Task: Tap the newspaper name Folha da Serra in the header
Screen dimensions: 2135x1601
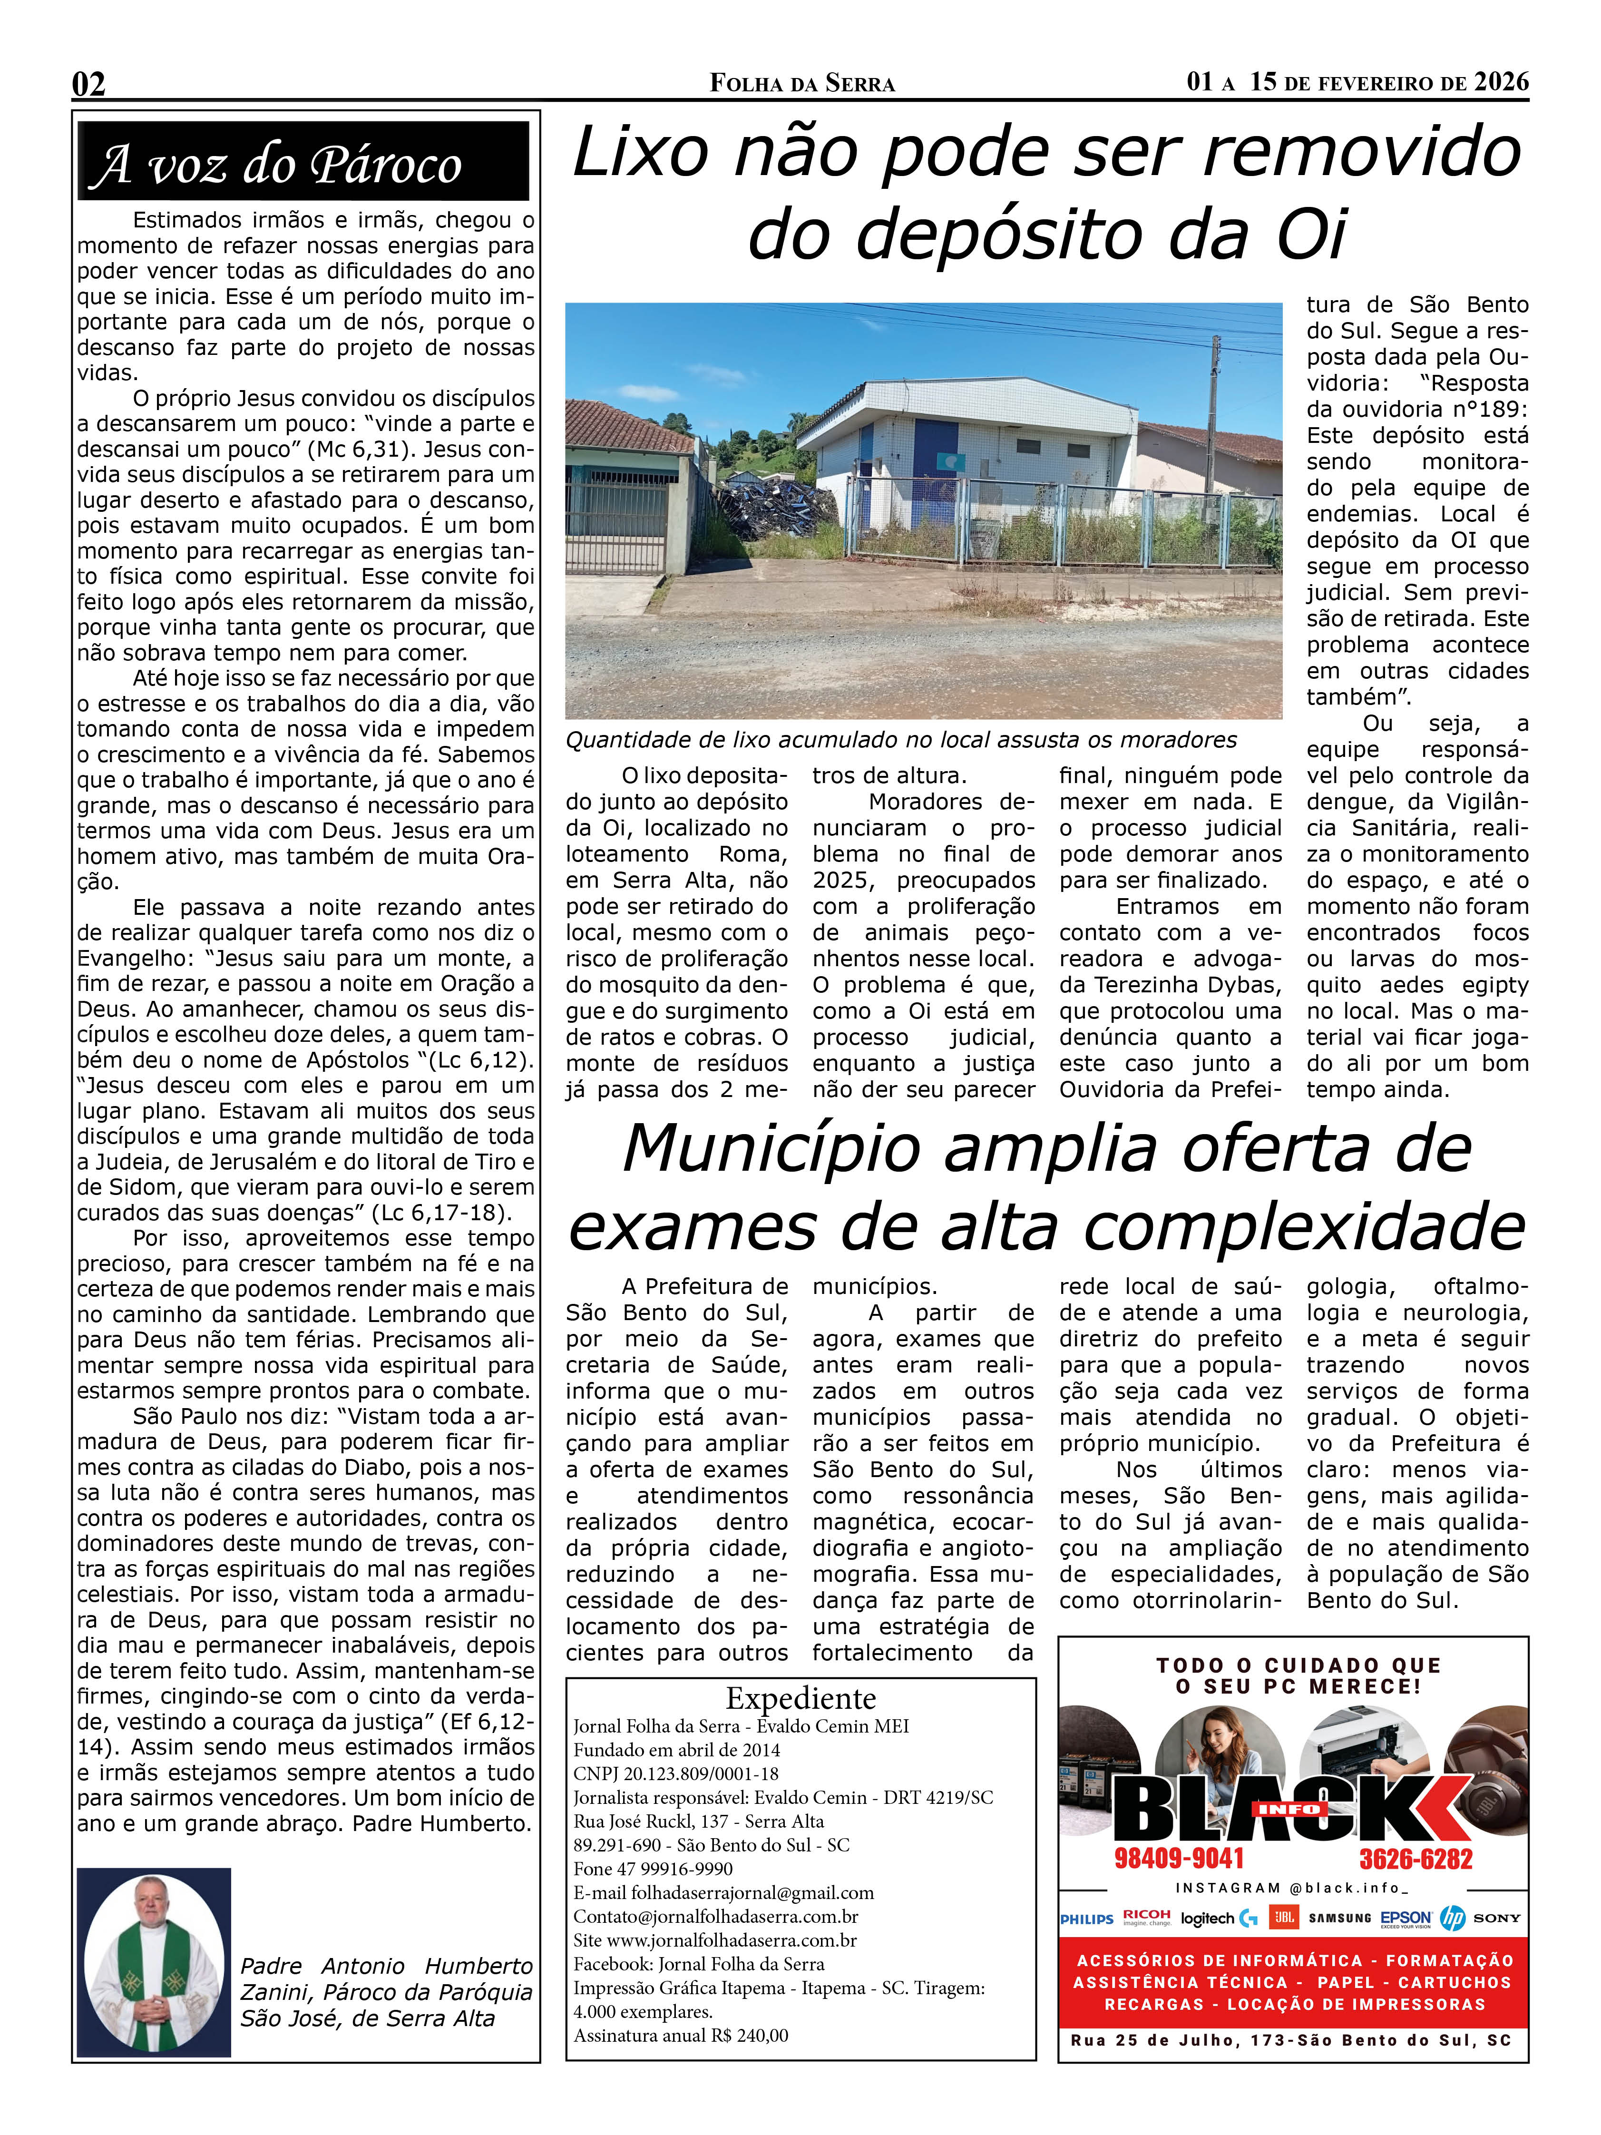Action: [802, 84]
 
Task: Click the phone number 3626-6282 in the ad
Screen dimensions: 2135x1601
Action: [1416, 1859]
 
